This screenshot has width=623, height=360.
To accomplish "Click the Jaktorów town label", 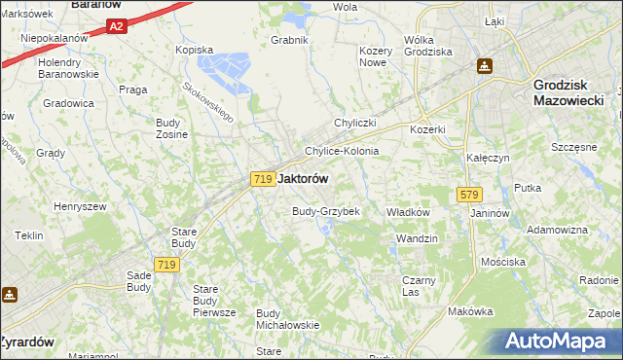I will [303, 179].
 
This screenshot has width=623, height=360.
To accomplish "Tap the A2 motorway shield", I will [117, 27].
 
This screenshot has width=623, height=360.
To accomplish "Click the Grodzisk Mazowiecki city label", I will [571, 91].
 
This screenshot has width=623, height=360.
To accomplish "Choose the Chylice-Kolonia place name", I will [342, 152].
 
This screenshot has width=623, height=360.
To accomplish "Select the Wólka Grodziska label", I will [427, 46].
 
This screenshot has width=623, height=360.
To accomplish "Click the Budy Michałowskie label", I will [288, 318].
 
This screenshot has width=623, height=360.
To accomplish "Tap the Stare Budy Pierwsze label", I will [214, 301].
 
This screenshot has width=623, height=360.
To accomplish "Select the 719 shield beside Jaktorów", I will [261, 179].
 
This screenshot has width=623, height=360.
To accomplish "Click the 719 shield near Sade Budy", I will [166, 265].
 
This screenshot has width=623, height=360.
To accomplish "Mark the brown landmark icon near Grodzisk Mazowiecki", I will [484, 66].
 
